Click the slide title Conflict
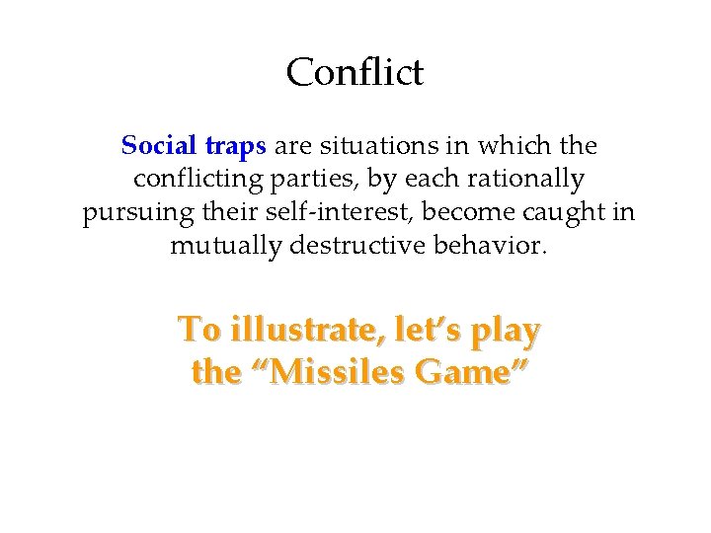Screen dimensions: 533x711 point(355,72)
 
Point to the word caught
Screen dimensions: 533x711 point(566,212)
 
